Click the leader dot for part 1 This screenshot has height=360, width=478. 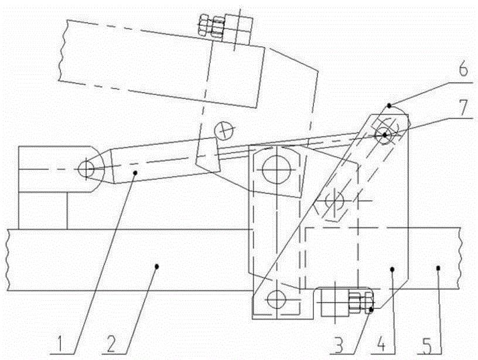(136, 172)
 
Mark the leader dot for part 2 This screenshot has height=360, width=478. (156, 266)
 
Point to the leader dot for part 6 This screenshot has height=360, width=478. (389, 105)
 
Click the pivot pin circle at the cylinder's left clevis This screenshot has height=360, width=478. (86, 169)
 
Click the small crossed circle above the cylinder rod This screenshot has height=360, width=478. (223, 130)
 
